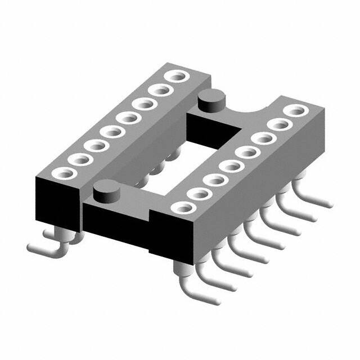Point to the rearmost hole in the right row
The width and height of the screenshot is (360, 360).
pos(292,111)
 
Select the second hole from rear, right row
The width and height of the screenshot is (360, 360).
pos(277,124)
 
